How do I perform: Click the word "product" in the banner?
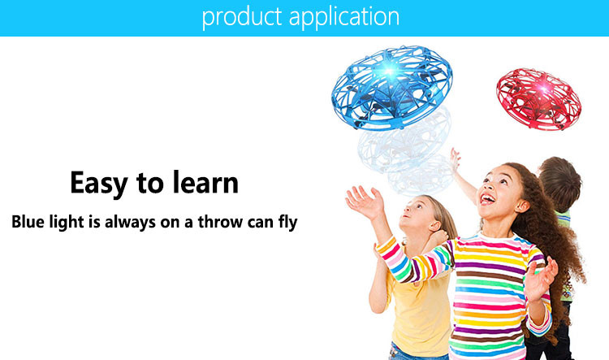[x=242, y=17]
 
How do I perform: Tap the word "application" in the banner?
[x=344, y=17]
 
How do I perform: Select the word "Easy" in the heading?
[x=99, y=184]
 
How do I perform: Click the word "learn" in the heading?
[x=205, y=182]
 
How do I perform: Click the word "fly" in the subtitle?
[x=287, y=223]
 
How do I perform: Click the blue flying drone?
[x=391, y=87]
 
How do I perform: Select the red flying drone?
[x=538, y=99]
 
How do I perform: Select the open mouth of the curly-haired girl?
[x=487, y=199]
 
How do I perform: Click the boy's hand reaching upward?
[x=455, y=158]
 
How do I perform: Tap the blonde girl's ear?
[x=434, y=225]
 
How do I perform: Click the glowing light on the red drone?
[x=544, y=89]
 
